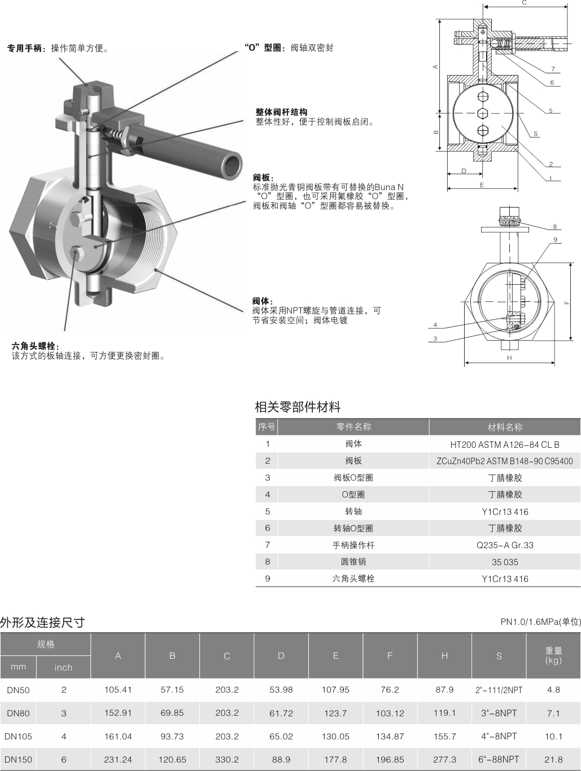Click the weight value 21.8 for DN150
pos(553,759)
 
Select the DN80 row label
pos(18,713)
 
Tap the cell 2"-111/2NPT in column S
pos(499,690)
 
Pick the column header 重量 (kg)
pos(553,655)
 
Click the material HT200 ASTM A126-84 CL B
pos(505,444)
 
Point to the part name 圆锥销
pos(353,562)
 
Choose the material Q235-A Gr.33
pos(505,545)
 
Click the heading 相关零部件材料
pos(298,407)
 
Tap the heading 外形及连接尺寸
pos(42,622)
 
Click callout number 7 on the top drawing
pos(553,69)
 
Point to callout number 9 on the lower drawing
pos(556,240)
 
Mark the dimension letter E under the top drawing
pos(482,185)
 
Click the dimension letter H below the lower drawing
pos(509,358)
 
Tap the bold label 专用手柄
pos(24,48)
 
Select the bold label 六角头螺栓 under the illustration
pos(33,346)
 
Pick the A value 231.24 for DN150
pos(118,759)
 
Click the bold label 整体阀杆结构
pos(282,112)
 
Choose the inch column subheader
pos(63,667)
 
